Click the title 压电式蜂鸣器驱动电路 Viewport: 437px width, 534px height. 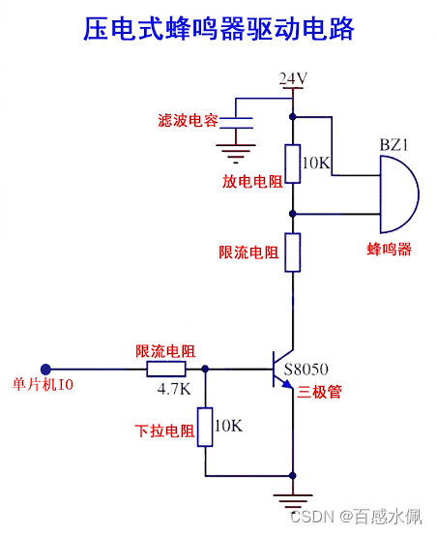click(x=218, y=29)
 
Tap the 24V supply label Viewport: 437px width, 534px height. click(x=293, y=78)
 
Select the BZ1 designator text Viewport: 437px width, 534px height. click(x=394, y=144)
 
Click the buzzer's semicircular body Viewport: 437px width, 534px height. click(x=398, y=193)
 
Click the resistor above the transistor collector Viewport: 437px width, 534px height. click(x=293, y=252)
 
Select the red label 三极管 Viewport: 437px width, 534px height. click(x=323, y=392)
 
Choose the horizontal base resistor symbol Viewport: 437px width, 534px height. click(x=166, y=370)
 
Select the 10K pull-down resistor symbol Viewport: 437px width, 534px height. click(x=204, y=427)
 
